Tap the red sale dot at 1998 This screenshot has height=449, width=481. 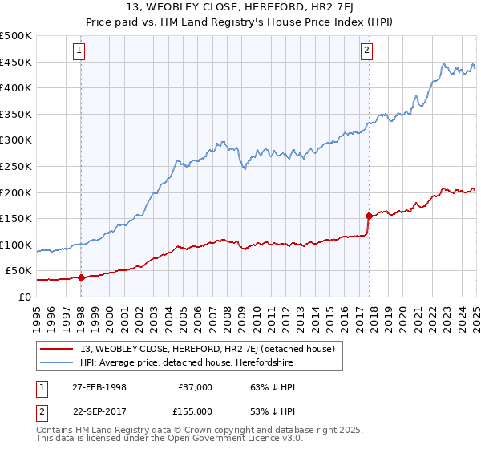[81, 277]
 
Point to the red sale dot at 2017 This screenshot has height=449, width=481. [369, 216]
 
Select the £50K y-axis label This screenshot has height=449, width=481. [19, 271]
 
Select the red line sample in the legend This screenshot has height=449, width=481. [56, 348]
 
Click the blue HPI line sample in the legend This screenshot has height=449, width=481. [56, 362]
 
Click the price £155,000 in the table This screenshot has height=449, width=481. [192, 411]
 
